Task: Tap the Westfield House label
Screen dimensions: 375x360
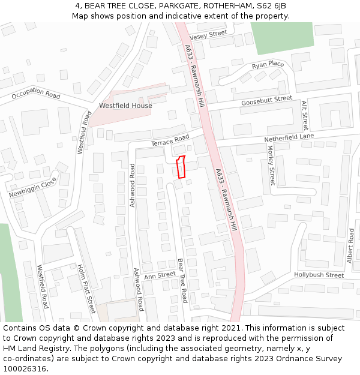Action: click(125, 106)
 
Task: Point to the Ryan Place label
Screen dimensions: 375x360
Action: click(268, 65)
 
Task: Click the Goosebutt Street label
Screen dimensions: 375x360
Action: click(266, 101)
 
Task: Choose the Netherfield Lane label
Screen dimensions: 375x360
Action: click(289, 138)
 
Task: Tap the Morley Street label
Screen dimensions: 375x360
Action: click(271, 165)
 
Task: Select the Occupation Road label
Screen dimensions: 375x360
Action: click(36, 94)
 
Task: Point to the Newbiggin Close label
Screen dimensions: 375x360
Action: click(32, 187)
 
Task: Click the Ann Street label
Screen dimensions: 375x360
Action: click(159, 275)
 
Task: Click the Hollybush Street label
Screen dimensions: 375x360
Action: click(319, 275)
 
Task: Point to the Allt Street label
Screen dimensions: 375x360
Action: click(304, 116)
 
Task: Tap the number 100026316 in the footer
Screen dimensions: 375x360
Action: click(25, 368)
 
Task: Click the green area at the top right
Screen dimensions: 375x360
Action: click(282, 37)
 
